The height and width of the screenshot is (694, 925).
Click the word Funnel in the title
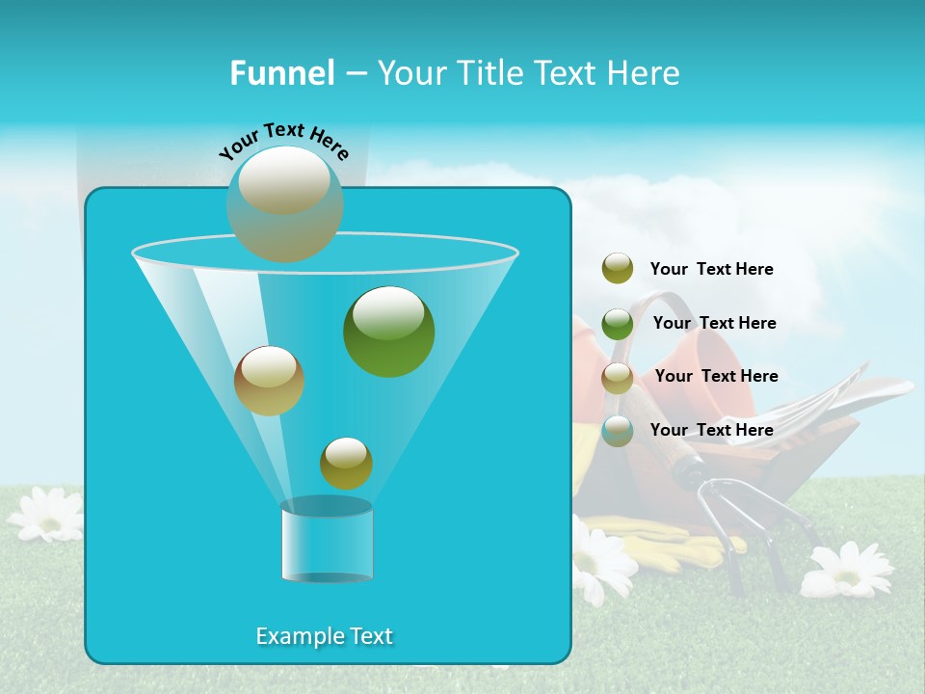[281, 73]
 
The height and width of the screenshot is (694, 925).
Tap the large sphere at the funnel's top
[285, 203]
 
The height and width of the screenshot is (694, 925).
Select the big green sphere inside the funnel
[388, 332]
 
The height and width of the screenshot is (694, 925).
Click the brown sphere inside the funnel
[269, 381]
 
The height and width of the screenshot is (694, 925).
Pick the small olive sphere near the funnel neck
[346, 464]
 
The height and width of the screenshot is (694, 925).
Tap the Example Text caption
[324, 636]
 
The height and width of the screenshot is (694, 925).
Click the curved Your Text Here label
[284, 141]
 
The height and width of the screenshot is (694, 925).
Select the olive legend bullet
[618, 269]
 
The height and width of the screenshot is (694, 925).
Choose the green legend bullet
[618, 324]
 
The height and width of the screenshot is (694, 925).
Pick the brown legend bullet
[618, 378]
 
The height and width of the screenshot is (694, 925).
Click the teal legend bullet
[618, 431]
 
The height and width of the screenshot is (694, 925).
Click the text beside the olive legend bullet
[711, 270]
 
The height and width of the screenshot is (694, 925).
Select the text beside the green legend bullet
[714, 324]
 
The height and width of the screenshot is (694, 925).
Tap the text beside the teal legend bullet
[711, 431]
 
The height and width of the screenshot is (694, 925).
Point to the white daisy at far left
[46, 514]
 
